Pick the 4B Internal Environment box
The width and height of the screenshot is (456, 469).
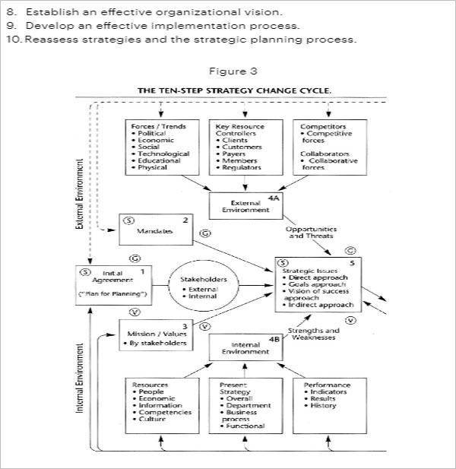(x=240, y=349)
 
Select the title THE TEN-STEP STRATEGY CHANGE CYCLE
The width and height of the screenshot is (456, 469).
(x=234, y=90)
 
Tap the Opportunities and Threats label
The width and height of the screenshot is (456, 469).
(x=311, y=232)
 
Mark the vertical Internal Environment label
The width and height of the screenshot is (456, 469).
(x=79, y=378)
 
